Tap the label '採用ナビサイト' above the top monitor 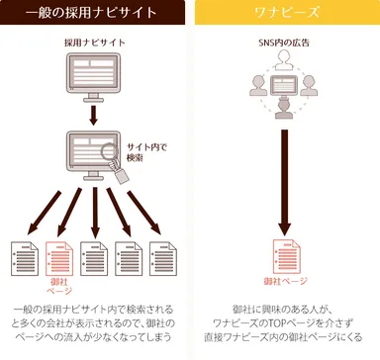[x=95, y=44]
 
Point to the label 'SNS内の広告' [x=285, y=44]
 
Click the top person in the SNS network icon [x=285, y=62]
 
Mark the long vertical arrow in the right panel [x=285, y=178]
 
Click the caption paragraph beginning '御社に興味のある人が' [x=285, y=321]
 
